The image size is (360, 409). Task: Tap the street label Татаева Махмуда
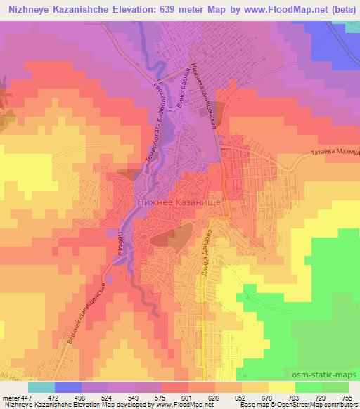(x=333, y=152)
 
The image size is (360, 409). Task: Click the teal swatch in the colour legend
(x=41, y=387)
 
